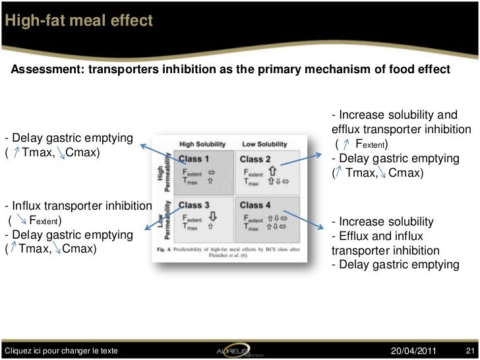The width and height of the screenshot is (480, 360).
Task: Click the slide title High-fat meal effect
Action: (78, 21)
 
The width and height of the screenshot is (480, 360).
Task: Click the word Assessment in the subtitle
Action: (45, 70)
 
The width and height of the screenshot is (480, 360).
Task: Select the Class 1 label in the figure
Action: (195, 158)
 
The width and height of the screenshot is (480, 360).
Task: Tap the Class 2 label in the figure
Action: (255, 158)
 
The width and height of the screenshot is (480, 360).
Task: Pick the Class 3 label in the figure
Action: (195, 205)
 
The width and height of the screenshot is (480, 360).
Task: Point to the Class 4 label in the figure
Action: (255, 205)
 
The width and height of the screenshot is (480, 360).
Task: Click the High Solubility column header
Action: (202, 144)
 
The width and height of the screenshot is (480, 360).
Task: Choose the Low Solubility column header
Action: (264, 144)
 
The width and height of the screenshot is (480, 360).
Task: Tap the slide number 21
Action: (470, 349)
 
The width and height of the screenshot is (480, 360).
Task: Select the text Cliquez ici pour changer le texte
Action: (61, 349)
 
